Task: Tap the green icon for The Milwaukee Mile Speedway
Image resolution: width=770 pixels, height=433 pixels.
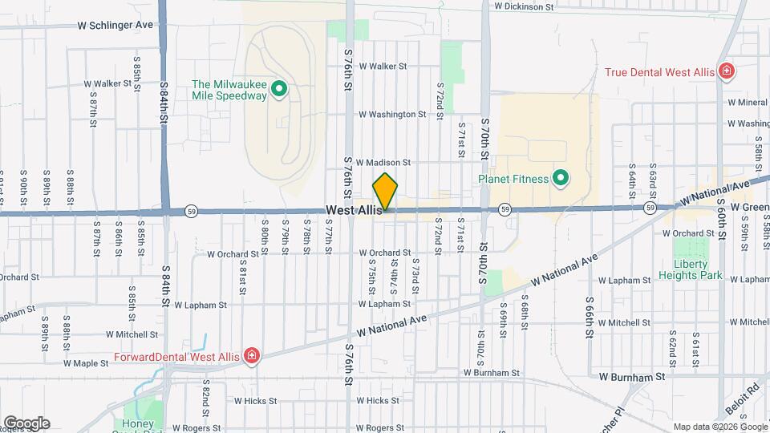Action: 279,89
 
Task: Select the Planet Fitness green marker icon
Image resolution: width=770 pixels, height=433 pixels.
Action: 561,178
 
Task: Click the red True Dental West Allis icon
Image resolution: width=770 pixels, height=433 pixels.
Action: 726,72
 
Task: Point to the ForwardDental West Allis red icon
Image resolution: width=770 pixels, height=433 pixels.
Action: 252,355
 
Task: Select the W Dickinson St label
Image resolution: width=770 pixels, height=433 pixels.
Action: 524,6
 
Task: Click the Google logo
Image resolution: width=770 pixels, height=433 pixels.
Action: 26,423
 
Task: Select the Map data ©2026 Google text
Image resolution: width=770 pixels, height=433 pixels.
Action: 719,427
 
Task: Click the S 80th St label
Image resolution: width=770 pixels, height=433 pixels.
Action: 264,233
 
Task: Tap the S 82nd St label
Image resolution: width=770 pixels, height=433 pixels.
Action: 205,399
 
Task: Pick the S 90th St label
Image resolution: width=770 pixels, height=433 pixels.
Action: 23,185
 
